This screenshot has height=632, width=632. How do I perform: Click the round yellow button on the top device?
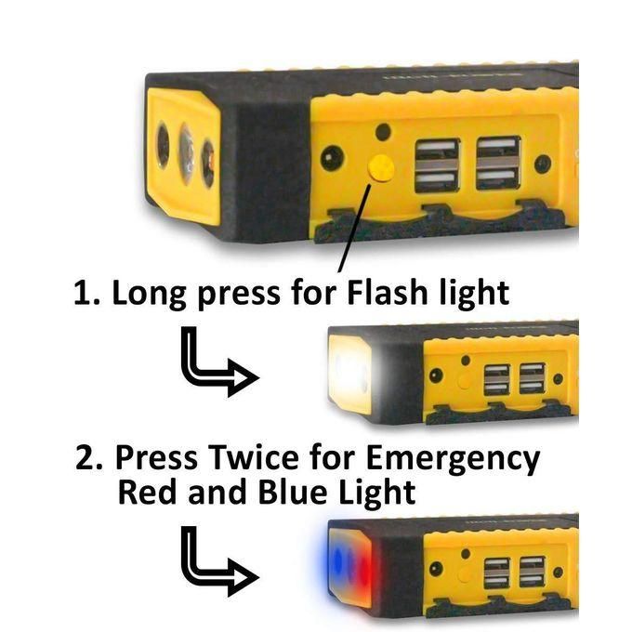click(x=381, y=167)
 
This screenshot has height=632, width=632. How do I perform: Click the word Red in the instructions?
click(x=148, y=493)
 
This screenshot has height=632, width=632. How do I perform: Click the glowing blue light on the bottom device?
click(x=337, y=561)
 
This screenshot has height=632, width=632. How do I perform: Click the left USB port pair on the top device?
click(x=438, y=165)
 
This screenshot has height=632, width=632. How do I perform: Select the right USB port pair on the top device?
click(x=498, y=163)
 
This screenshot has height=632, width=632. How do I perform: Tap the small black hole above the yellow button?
click(x=383, y=132)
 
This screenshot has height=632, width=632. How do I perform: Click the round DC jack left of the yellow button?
click(x=332, y=158)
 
